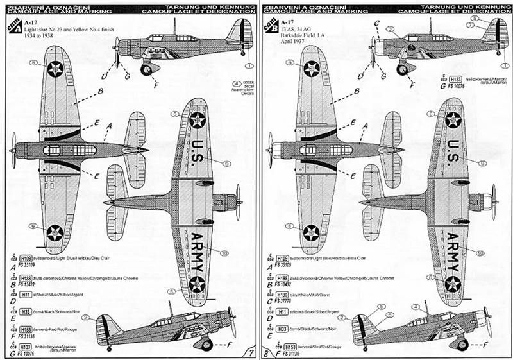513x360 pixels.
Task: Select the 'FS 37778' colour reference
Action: [x=281, y=299]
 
